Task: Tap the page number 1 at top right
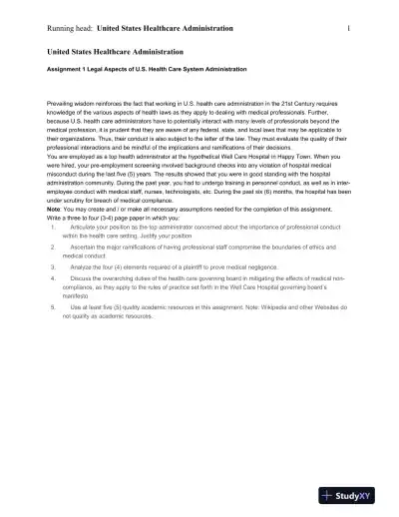[347, 29]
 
